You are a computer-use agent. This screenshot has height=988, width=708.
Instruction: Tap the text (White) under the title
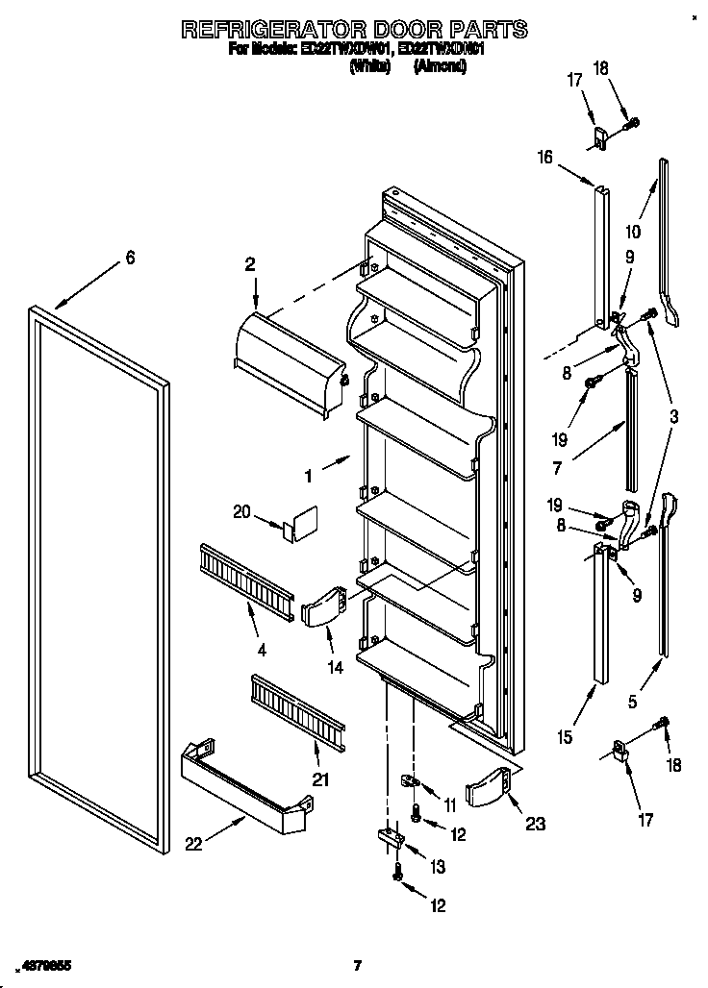point(370,66)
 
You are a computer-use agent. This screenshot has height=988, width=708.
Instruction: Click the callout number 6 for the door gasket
point(130,258)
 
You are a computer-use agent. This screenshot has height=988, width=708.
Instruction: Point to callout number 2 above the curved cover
point(250,264)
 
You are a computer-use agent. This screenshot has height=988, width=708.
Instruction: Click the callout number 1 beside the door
point(308,475)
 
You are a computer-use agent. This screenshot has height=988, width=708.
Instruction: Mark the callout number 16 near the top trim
point(545,158)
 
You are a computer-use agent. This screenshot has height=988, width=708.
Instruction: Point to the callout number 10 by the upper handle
point(632,232)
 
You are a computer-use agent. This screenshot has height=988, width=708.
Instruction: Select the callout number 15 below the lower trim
point(565,737)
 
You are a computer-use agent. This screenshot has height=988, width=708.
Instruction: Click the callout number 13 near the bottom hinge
point(438,867)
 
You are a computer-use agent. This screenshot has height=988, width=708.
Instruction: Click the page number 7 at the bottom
point(356,965)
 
